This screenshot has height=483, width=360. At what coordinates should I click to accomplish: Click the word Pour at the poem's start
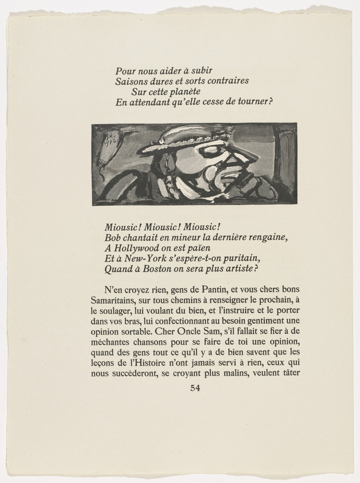(125, 72)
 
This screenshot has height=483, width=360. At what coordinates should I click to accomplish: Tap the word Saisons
(130, 81)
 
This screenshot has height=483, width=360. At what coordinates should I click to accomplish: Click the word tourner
(254, 102)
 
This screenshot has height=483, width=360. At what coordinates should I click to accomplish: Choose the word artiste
(238, 269)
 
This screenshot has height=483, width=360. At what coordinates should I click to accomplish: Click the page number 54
(195, 389)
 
